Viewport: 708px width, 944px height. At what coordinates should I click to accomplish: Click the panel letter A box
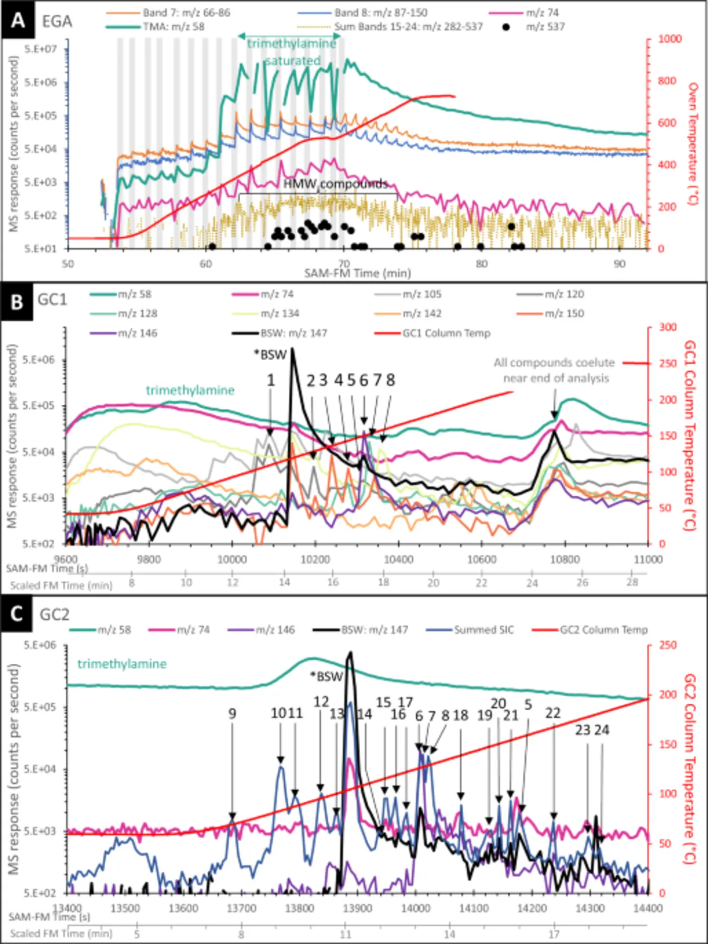18,21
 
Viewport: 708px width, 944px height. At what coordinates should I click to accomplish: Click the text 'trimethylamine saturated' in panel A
292,52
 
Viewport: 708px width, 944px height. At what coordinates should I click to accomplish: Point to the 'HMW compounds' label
335,184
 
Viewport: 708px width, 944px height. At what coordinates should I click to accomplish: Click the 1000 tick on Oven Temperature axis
670,39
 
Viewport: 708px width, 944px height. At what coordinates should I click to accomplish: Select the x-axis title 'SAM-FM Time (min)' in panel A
357,273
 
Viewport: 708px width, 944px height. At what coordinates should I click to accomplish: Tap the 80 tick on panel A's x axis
481,264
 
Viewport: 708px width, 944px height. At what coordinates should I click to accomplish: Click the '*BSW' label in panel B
270,355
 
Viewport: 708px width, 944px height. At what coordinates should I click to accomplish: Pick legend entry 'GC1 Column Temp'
446,333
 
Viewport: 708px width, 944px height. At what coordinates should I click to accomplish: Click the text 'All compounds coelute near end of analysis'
555,370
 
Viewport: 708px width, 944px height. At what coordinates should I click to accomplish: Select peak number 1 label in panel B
271,380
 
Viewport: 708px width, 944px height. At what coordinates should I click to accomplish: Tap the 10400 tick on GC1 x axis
399,560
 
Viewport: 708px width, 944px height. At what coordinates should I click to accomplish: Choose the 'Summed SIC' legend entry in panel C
483,630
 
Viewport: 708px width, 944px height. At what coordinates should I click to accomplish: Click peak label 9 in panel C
232,713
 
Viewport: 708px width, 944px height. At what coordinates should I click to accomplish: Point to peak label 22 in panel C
553,713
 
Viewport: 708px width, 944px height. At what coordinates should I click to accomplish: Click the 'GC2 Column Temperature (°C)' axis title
690,769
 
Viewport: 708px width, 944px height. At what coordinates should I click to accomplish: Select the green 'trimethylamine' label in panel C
122,664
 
